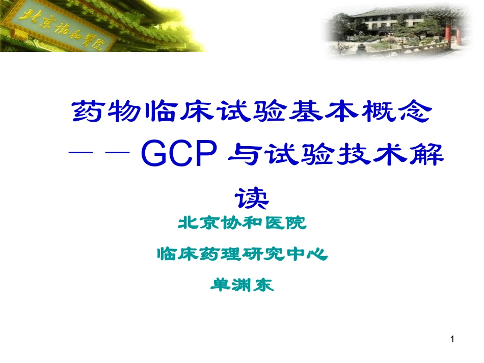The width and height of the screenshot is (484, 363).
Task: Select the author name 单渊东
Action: click(242, 284)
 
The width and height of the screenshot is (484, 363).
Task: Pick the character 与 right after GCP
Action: click(242, 155)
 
